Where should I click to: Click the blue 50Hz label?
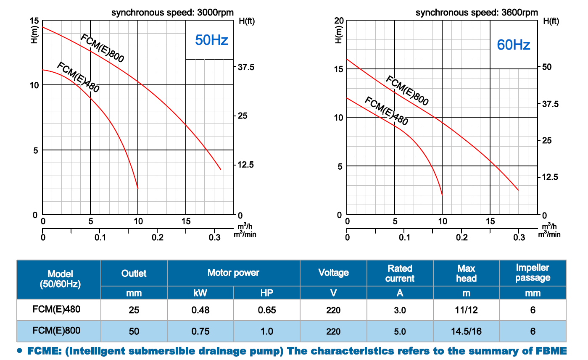pyautogui.click(x=211, y=41)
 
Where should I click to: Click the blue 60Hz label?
pyautogui.click(x=513, y=45)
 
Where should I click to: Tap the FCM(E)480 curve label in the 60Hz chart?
pyautogui.click(x=386, y=111)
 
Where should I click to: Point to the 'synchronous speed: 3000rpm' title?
pyautogui.click(x=172, y=13)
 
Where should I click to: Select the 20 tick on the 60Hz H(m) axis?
pyautogui.click(x=339, y=21)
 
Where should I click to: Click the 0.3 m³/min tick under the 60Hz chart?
pyautogui.click(x=519, y=238)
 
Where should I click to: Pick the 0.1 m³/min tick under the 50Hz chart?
pyautogui.click(x=100, y=238)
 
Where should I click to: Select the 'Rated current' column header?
pyautogui.click(x=400, y=273)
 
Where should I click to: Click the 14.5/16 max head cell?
pyautogui.click(x=466, y=331)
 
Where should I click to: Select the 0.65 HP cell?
pyautogui.click(x=266, y=310)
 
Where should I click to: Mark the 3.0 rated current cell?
pyautogui.click(x=400, y=310)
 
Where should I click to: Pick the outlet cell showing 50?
pyautogui.click(x=134, y=331)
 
